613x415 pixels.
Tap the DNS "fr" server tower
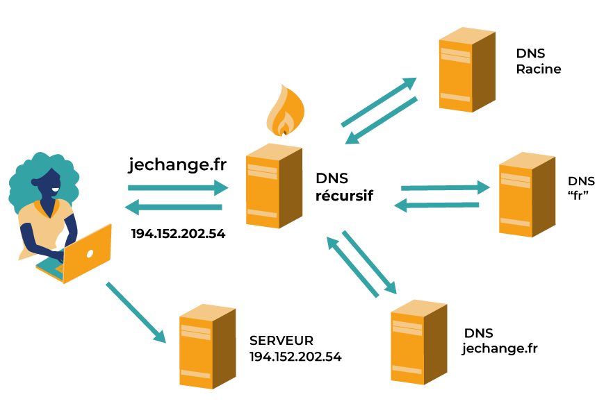click(526, 194)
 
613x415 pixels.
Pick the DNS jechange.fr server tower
click(418, 342)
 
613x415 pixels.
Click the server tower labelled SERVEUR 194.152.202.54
click(206, 345)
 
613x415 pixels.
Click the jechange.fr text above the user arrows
click(177, 165)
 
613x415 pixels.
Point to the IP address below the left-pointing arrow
click(178, 234)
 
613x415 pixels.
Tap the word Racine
click(539, 69)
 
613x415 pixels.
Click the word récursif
click(344, 196)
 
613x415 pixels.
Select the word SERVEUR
click(281, 341)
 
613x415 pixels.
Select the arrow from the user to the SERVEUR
click(136, 312)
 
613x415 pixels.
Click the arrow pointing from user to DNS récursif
click(178, 187)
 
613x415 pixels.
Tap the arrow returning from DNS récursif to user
click(174, 207)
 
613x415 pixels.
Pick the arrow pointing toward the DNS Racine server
click(378, 101)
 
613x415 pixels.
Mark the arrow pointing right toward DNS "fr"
click(445, 187)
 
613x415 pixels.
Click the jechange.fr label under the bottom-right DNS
click(500, 348)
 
